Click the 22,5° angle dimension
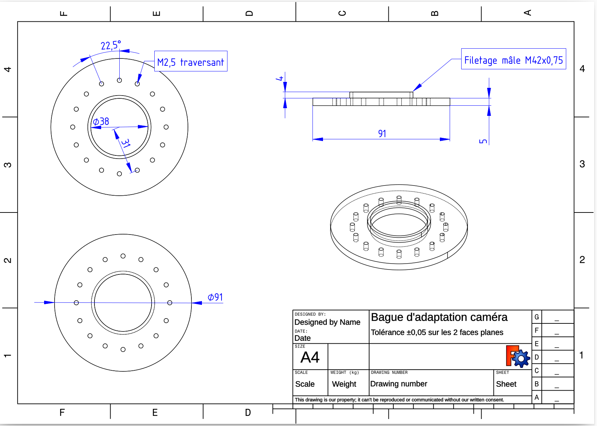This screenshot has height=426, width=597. click(111, 46)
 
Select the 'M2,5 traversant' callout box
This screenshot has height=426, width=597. click(191, 62)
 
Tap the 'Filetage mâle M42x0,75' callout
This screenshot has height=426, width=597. click(513, 60)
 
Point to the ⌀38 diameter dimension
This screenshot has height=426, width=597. click(101, 121)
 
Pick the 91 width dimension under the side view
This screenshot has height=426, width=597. click(382, 133)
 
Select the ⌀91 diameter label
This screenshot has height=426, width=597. click(215, 297)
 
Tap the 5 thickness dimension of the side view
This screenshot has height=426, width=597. click(483, 141)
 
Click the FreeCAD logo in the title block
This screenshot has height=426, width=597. click(518, 356)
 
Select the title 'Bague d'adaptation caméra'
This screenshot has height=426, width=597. click(439, 317)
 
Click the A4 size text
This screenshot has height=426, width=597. click(310, 357)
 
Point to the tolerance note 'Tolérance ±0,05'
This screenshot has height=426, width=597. click(437, 332)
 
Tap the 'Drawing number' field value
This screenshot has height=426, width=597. click(399, 384)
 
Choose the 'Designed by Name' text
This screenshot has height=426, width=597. click(327, 322)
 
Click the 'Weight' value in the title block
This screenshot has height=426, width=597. click(344, 384)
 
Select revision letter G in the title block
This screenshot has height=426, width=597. click(536, 317)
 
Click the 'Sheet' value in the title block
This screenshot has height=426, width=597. click(506, 384)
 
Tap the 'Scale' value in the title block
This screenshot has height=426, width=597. click(305, 384)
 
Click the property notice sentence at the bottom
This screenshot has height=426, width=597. click(399, 400)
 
